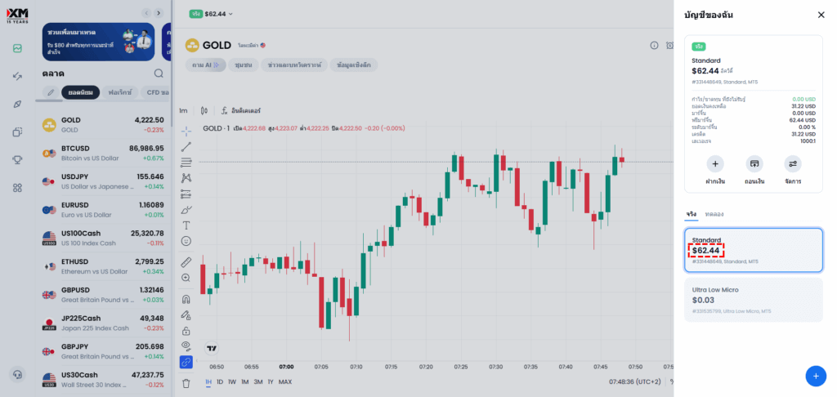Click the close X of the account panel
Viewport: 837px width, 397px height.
click(x=821, y=15)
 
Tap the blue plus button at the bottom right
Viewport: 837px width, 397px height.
click(x=815, y=376)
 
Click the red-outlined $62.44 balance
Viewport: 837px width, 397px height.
click(x=705, y=250)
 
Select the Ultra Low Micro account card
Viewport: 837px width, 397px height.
click(x=753, y=299)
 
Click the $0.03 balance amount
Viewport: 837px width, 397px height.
click(x=703, y=300)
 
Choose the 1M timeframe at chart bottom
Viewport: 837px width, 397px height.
click(x=245, y=381)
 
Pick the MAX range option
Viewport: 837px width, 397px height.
click(x=285, y=381)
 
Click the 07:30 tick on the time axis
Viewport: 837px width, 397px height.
click(x=495, y=368)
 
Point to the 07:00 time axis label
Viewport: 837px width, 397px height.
click(x=286, y=368)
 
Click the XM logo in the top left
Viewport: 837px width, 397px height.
click(x=17, y=13)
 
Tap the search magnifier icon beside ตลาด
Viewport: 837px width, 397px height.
click(x=159, y=74)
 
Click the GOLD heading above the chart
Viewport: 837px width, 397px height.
click(x=217, y=45)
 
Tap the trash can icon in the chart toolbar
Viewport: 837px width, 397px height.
click(x=186, y=382)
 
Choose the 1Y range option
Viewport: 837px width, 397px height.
click(x=271, y=381)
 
